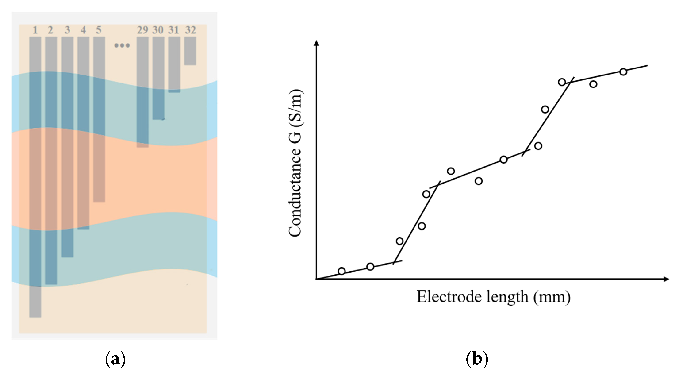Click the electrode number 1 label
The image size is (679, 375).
pos(35,30)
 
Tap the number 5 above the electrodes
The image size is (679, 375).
pos(99,30)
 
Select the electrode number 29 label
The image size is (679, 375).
pos(142,30)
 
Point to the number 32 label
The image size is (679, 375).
pos(190,30)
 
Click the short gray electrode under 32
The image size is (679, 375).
pos(190,51)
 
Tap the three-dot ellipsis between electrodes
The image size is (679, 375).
pos(122,45)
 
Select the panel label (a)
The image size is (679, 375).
pos(115,359)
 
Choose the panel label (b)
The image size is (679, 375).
pos(477,359)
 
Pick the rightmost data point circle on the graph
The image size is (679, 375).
pos(623,72)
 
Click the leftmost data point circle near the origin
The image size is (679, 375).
pos(342,271)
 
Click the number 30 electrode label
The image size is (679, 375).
pos(158,30)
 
